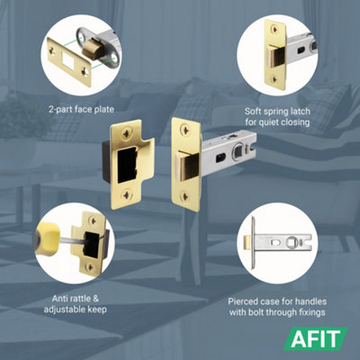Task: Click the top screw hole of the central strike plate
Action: tap(126, 132)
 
